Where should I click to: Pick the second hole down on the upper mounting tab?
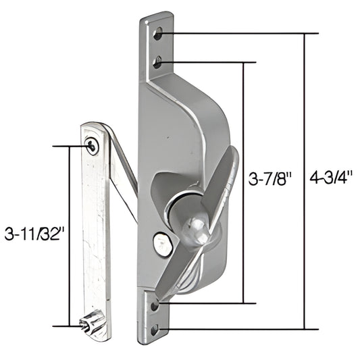pos(157,63)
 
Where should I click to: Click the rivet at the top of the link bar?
pos(93,145)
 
